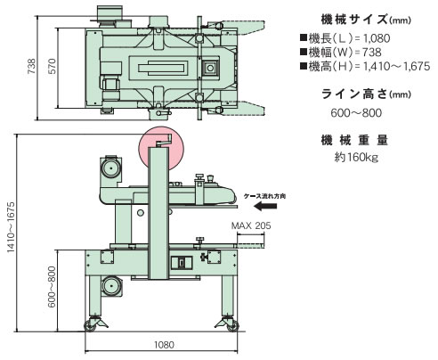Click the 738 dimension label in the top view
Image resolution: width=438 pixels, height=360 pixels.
pyautogui.click(x=31, y=66)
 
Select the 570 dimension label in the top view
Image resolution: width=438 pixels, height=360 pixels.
pyautogui.click(x=52, y=66)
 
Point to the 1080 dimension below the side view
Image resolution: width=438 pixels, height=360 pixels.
pyautogui.click(x=164, y=345)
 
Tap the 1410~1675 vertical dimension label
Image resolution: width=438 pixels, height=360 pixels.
pyautogui.click(x=11, y=227)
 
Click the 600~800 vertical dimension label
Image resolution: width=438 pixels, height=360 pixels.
pyautogui.click(x=52, y=287)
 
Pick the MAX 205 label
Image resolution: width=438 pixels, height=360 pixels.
pyautogui.click(x=251, y=225)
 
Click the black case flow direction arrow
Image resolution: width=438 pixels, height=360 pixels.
pyautogui.click(x=265, y=206)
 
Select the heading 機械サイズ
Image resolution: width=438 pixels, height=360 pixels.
pyautogui.click(x=354, y=20)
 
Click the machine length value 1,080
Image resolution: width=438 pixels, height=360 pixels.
pyautogui.click(x=377, y=38)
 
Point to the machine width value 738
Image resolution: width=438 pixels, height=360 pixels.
pyautogui.click(x=372, y=53)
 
